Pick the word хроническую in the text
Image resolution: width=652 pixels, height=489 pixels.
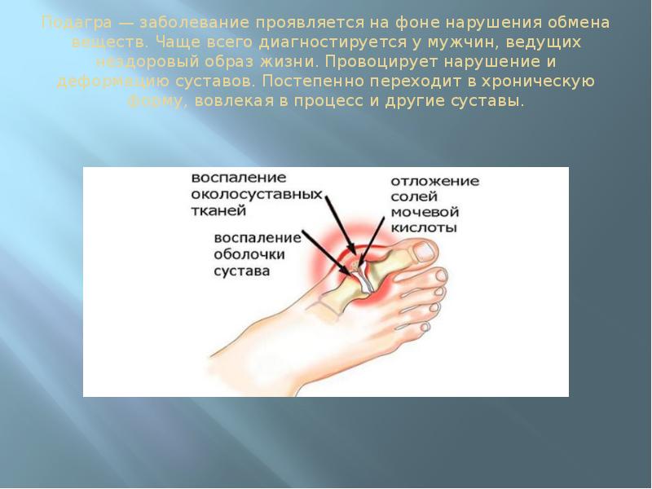click(547, 82)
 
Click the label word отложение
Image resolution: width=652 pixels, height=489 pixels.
click(434, 182)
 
